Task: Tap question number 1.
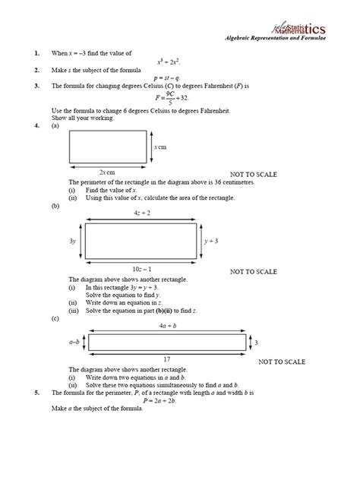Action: coord(36,53)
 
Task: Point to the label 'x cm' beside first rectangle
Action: coord(160,147)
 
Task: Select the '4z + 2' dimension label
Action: coord(141,213)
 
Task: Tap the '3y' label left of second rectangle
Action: coord(73,241)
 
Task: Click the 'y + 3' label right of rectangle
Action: coord(212,241)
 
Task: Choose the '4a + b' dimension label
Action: coord(168,326)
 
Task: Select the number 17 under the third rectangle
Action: coord(168,358)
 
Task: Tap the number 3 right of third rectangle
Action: coord(256,343)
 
